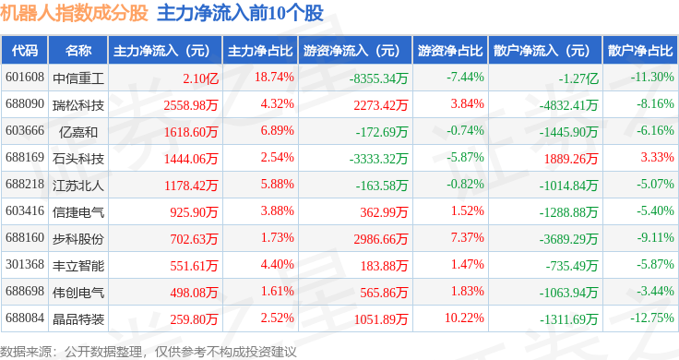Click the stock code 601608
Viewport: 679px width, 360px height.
pyautogui.click(x=25, y=78)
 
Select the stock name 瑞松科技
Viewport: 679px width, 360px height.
pyautogui.click(x=78, y=105)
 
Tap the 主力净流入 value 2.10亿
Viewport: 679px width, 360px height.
pyautogui.click(x=200, y=78)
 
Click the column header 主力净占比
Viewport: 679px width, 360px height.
pyautogui.click(x=260, y=51)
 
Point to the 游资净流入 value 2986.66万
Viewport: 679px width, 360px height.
pyautogui.click(x=381, y=239)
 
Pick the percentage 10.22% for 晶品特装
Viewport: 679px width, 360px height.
pyautogui.click(x=464, y=318)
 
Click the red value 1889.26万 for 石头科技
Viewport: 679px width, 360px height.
pyautogui.click(x=571, y=159)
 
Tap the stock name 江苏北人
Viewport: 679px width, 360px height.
pyautogui.click(x=78, y=186)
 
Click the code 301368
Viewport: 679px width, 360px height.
pyautogui.click(x=25, y=264)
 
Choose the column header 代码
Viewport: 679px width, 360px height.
pyautogui.click(x=25, y=51)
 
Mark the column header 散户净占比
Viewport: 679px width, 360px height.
pyautogui.click(x=640, y=51)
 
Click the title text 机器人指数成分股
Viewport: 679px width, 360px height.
pyautogui.click(x=74, y=14)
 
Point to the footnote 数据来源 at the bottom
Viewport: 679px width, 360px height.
pyautogui.click(x=26, y=352)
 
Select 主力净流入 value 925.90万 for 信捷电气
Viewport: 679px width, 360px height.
pyautogui.click(x=194, y=212)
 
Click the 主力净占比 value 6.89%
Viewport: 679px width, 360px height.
pyautogui.click(x=277, y=130)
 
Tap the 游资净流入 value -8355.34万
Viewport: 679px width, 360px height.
pyautogui.click(x=378, y=78)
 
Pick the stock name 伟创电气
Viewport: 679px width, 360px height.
pyautogui.click(x=78, y=293)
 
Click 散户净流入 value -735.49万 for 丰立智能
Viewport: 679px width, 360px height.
pyautogui.click(x=572, y=266)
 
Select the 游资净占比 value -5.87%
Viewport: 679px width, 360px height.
pyautogui.click(x=465, y=157)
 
